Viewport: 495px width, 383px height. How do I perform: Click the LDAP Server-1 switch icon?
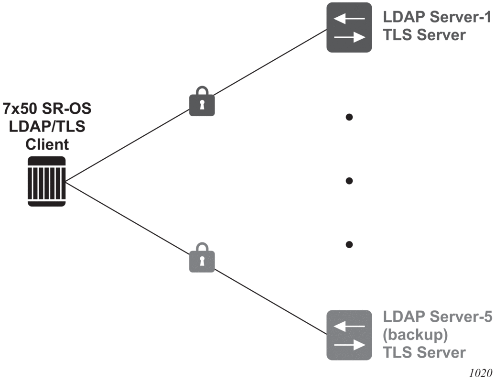(349, 27)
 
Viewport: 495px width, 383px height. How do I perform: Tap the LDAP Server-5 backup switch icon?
(349, 335)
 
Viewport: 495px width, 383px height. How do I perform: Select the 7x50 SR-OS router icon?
(46, 181)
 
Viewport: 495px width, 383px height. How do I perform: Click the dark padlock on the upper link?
(202, 101)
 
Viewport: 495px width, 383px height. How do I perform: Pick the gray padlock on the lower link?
(202, 258)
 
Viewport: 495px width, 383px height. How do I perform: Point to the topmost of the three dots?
(349, 117)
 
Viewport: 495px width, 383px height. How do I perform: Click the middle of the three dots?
(349, 181)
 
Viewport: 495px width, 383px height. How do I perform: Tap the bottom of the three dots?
(349, 244)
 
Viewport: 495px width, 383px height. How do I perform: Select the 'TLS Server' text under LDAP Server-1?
(424, 35)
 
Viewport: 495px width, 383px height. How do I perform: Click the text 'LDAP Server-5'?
(436, 318)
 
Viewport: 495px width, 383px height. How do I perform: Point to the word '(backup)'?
(415, 335)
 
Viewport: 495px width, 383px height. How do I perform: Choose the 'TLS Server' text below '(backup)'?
(424, 352)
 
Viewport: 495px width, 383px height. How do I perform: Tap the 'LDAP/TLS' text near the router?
(47, 127)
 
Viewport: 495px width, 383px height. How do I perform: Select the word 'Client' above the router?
(47, 144)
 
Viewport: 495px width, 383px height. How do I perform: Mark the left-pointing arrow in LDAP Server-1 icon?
(349, 19)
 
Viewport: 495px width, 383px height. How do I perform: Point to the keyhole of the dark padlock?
(202, 104)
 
